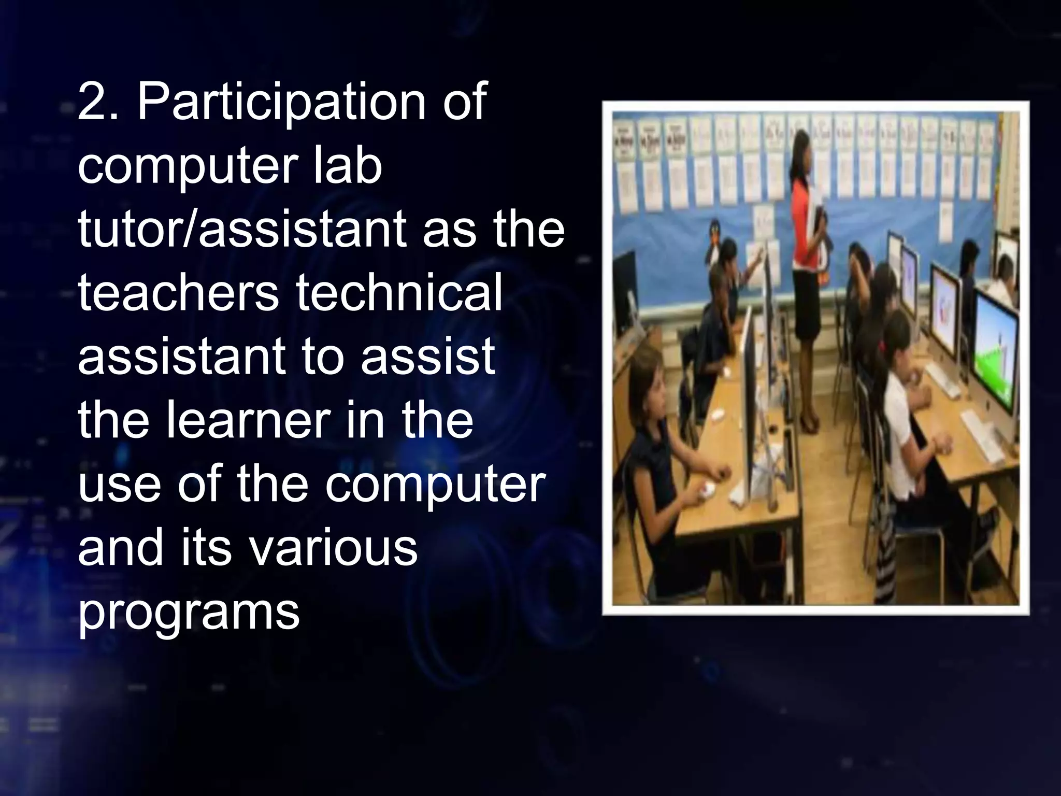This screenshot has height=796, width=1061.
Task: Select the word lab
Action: click(345, 166)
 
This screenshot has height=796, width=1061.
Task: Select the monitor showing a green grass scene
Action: click(995, 358)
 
